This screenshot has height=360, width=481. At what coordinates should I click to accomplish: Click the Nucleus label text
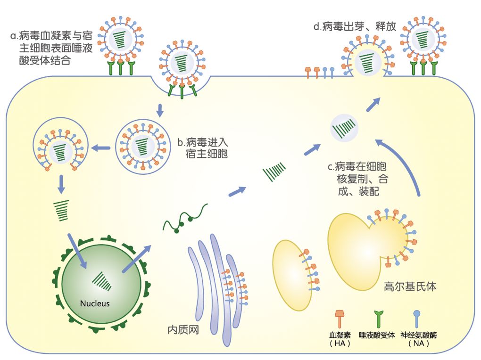[x=95, y=303]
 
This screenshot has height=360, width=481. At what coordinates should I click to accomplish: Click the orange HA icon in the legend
[x=339, y=319]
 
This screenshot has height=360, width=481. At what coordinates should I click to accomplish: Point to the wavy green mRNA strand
[x=185, y=218]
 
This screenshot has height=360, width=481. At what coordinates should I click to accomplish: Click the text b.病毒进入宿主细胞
[x=202, y=147]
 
